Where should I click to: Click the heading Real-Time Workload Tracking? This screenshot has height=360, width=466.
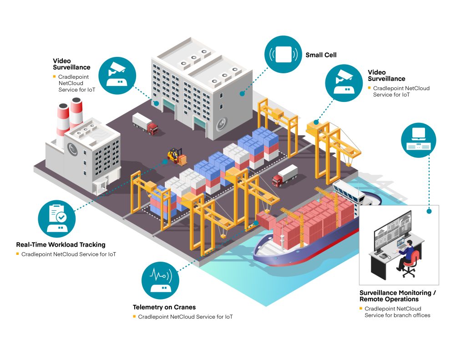point(61,245)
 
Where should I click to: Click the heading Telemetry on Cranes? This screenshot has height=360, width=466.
point(164,307)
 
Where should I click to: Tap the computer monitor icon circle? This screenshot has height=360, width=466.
point(419,140)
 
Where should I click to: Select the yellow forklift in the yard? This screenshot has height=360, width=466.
point(175,156)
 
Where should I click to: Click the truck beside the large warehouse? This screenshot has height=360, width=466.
point(145,124)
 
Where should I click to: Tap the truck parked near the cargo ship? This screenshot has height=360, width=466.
point(285,175)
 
